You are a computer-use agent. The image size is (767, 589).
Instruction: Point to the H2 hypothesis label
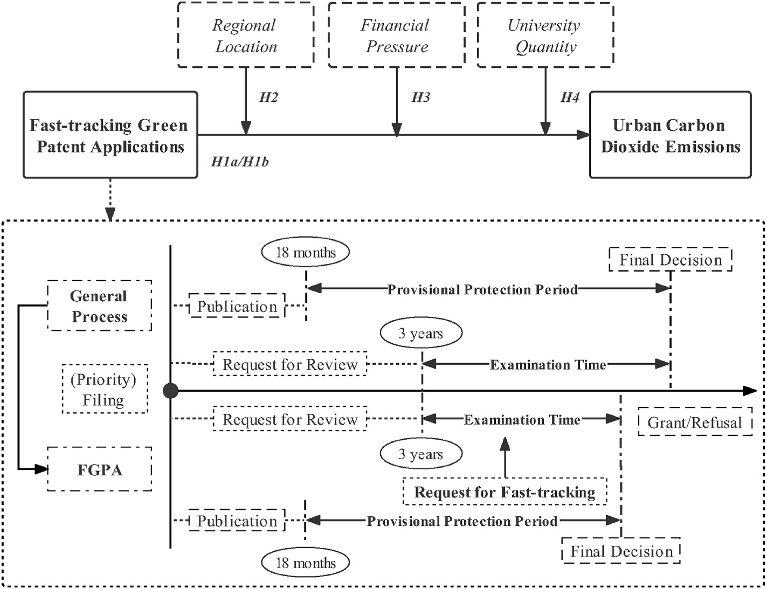point(268,98)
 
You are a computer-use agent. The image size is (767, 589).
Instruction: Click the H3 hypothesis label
point(421,98)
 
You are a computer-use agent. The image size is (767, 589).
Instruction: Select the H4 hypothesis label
point(570,98)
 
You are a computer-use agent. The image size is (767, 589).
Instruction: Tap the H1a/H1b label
point(240,162)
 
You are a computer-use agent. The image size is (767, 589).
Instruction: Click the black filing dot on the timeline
point(170,391)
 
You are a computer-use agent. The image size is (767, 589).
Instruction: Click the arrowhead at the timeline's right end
point(750,391)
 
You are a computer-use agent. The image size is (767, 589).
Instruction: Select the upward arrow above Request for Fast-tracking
point(505,458)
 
